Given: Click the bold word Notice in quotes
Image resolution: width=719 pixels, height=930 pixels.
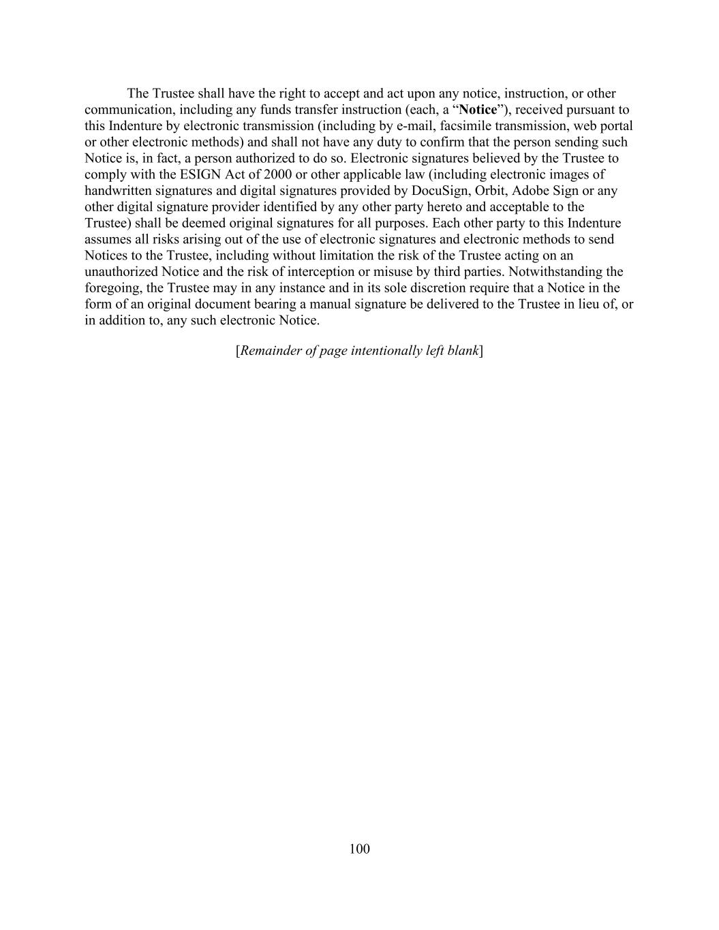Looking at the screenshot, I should [x=478, y=110].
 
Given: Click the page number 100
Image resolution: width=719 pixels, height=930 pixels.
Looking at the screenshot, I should [x=359, y=848].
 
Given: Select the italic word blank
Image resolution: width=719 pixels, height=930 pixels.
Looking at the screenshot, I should [x=462, y=351].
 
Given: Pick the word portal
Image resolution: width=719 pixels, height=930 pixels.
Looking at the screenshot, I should [x=616, y=126].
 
